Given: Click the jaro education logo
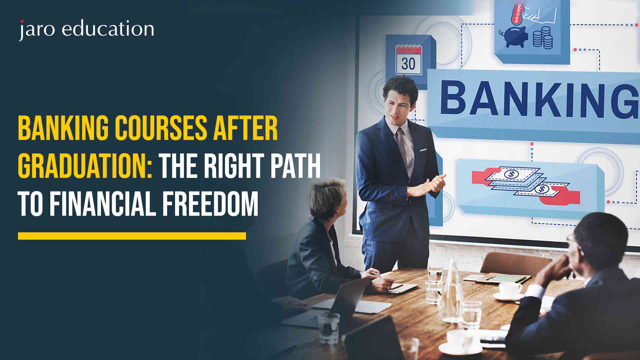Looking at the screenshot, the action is (x=86, y=29).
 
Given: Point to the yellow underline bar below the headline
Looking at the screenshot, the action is (x=132, y=236).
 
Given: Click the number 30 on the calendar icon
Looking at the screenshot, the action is (x=408, y=64).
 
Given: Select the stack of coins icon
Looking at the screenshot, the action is (x=543, y=38).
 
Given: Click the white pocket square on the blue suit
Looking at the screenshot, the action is (x=423, y=150).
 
